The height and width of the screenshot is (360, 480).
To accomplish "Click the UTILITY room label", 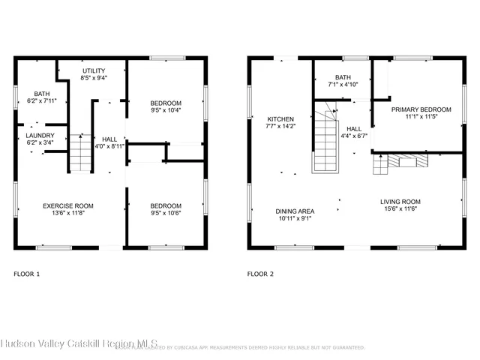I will tap(94, 68).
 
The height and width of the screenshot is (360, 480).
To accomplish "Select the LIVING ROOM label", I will tap(399, 202).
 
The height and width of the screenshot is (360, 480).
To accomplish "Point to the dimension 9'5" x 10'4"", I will tap(165, 110).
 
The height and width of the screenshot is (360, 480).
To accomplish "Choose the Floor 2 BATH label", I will tap(343, 77).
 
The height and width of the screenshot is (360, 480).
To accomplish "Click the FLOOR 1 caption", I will tap(27, 274).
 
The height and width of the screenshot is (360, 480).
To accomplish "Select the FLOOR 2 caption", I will tap(260, 274).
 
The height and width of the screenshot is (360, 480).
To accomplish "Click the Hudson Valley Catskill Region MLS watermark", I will tap(79, 343).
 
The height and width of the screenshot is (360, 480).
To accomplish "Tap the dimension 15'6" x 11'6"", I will tap(399, 210).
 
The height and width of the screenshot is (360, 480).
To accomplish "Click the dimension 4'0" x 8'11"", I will tap(109, 146).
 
